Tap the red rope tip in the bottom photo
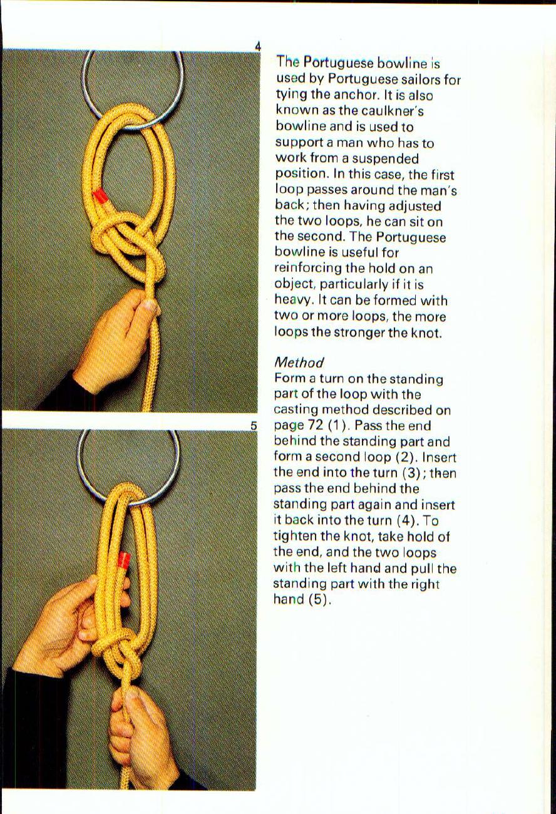pyautogui.click(x=123, y=559)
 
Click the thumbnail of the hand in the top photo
pyautogui.click(x=148, y=307)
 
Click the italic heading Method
pyautogui.click(x=299, y=363)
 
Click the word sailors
pyautogui.click(x=419, y=80)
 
